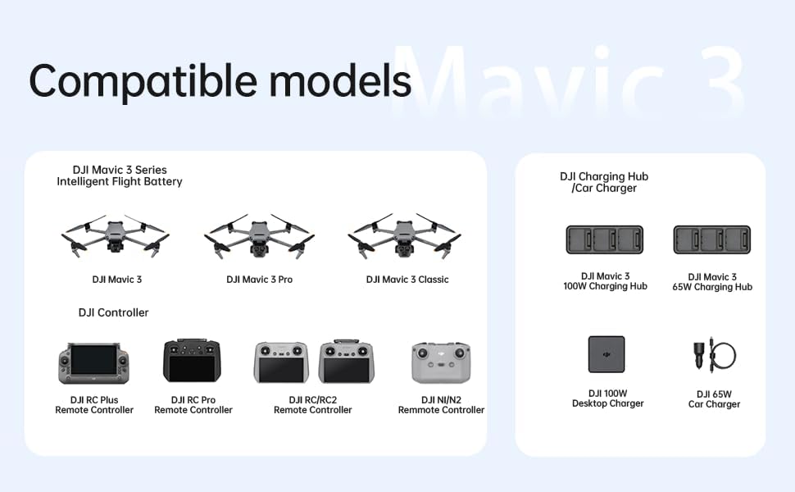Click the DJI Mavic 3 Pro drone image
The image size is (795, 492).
259,237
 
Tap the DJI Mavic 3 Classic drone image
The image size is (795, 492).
402,237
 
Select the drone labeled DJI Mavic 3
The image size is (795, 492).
116,237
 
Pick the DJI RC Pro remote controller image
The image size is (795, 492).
193,362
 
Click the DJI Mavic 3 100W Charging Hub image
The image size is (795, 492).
605,240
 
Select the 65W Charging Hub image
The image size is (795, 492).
711,240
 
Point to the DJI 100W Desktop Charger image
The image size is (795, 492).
606,354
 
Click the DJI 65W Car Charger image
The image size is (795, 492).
711,354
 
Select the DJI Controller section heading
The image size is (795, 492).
113,312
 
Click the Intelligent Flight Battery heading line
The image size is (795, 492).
120,181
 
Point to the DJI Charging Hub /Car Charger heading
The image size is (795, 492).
604,182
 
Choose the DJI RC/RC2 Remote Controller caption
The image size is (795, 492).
312,405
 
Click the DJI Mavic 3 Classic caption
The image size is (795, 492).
407,280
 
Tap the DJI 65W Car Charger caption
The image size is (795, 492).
713,399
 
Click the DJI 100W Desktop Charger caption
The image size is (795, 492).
607,399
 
